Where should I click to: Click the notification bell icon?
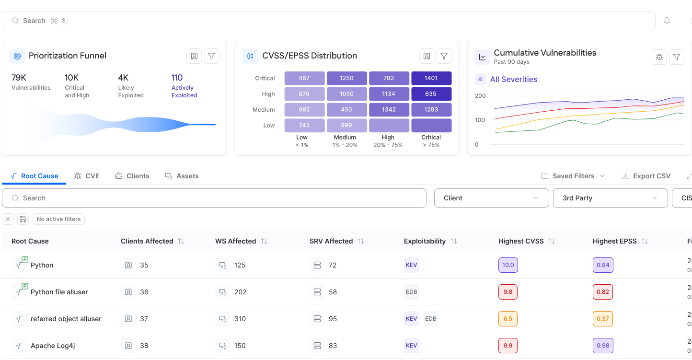667,21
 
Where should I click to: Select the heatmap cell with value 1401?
431,78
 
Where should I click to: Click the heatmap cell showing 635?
431,94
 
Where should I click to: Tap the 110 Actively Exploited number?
177,78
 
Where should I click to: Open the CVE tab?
87,176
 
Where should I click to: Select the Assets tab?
182,176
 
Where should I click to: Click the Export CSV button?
646,176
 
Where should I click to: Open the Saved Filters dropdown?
573,176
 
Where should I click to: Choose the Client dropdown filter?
491,198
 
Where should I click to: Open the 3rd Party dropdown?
610,198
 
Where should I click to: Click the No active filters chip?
58,219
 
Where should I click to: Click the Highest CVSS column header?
521,241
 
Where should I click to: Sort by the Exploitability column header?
425,241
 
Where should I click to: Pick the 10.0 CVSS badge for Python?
508,265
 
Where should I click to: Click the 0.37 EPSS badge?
602,319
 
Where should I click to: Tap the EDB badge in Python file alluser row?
411,292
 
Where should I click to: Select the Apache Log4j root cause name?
53,346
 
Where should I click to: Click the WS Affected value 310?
240,319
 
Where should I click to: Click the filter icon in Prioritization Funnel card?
211,56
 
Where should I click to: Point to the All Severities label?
513,80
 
